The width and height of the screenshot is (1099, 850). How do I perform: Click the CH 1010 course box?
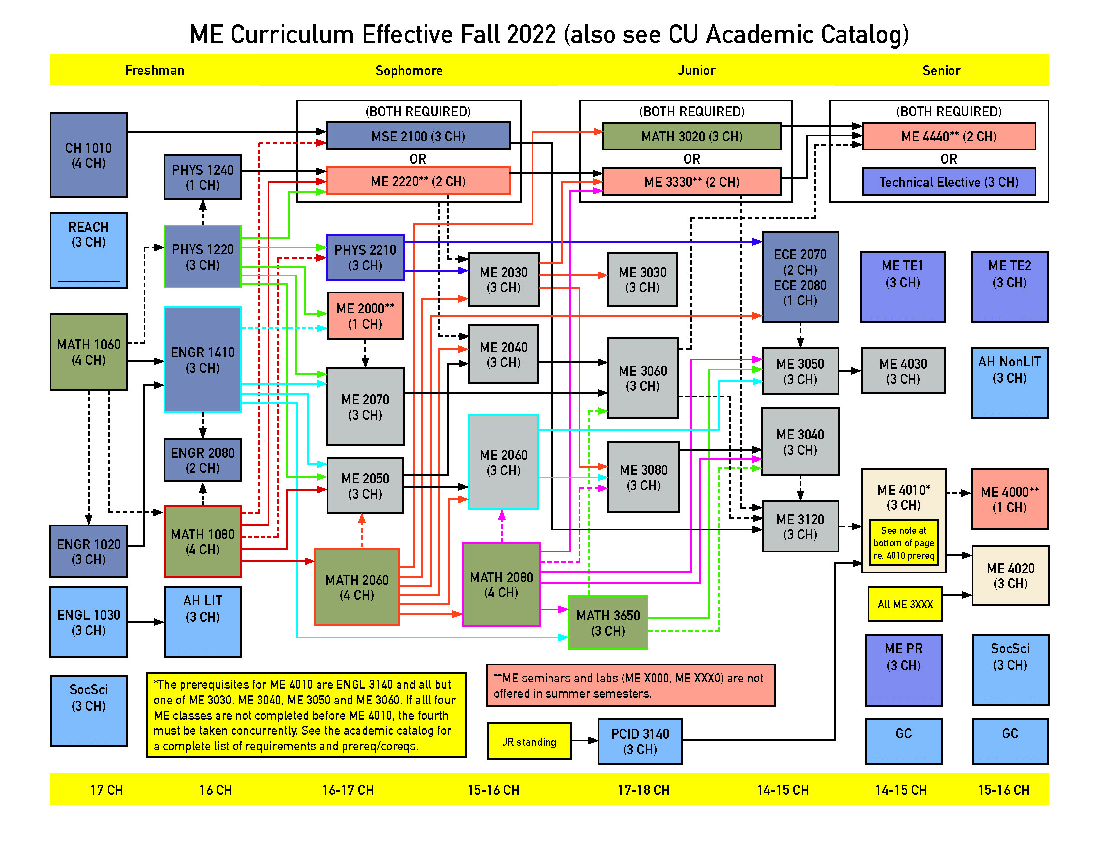tap(88, 155)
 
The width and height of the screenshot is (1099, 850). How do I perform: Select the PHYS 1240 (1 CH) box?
tap(203, 177)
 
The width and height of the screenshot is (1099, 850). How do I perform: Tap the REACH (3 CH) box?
tap(88, 251)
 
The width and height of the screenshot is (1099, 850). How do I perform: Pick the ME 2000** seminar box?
tap(365, 315)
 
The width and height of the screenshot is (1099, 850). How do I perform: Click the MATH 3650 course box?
tap(608, 623)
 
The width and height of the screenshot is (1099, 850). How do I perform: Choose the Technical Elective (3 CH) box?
tap(949, 182)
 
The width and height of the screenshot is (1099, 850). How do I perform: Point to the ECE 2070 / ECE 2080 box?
tap(800, 277)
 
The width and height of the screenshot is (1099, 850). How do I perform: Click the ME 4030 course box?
tap(903, 371)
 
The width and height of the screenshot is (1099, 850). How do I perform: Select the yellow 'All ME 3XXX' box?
tap(905, 604)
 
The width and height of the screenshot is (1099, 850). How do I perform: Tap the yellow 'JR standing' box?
tap(529, 741)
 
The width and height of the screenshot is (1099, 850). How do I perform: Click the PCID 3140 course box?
tap(640, 741)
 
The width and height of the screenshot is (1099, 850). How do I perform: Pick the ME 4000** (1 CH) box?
tap(1010, 499)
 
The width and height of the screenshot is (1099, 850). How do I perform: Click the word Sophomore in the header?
tap(409, 71)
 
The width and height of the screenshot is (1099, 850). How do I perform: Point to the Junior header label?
tap(696, 70)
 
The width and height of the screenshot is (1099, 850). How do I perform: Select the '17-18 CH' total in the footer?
tap(643, 790)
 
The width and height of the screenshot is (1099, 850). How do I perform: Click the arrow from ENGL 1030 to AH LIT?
tap(146, 622)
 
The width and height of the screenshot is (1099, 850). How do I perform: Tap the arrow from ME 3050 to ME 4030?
tap(850, 371)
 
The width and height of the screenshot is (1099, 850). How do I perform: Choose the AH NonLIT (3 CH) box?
tap(1010, 383)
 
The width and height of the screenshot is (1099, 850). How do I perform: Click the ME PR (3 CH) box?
tap(903, 670)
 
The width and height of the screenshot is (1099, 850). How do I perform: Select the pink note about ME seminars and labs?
tap(631, 685)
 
